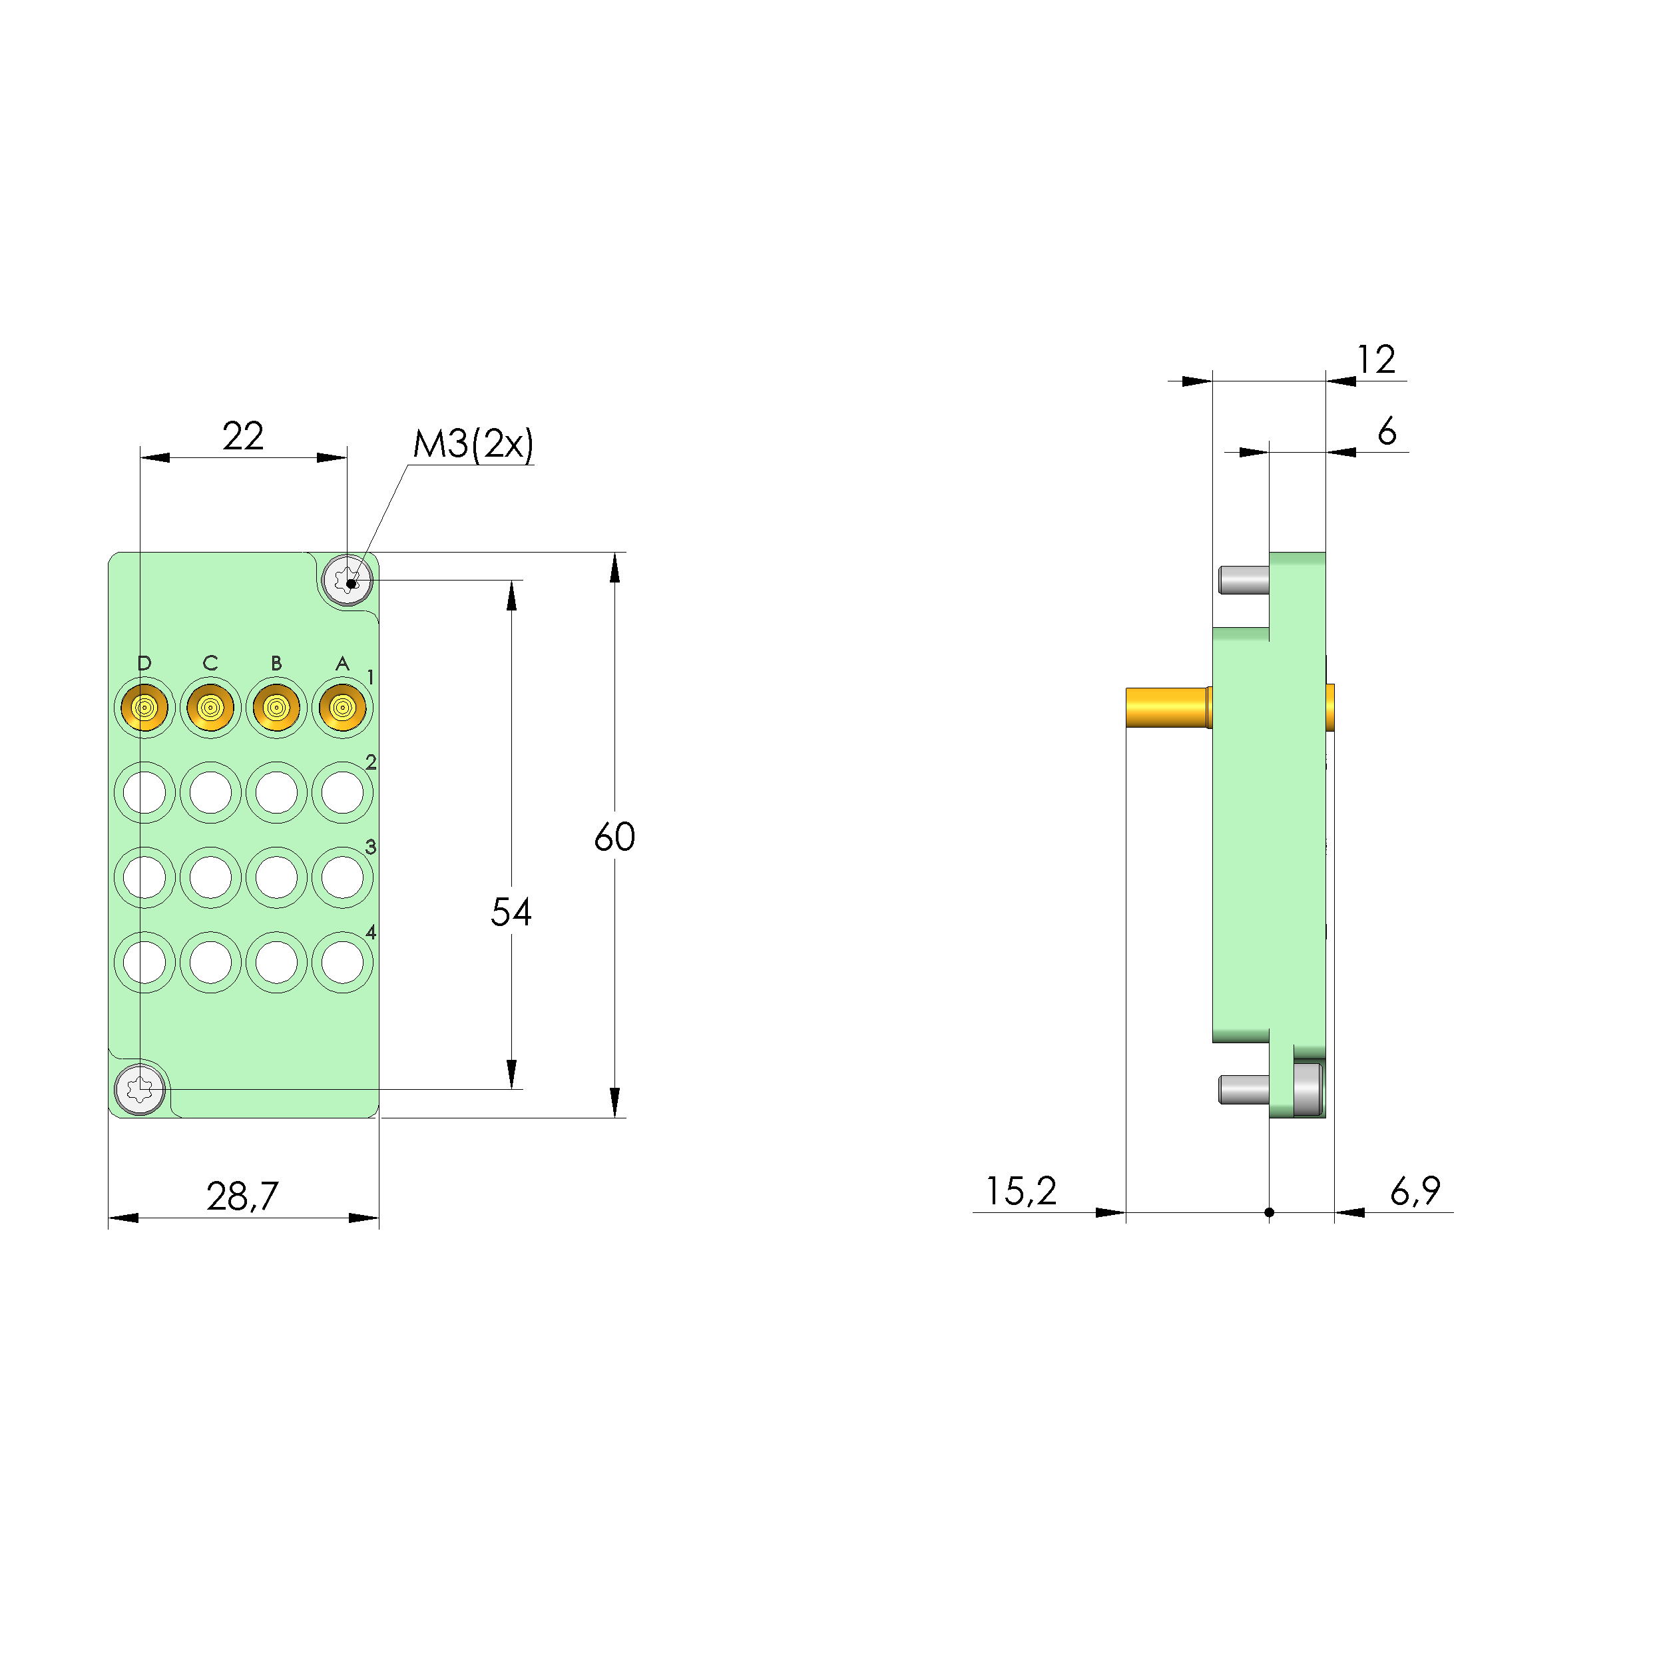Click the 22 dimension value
tap(242, 437)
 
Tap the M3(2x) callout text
tap(473, 444)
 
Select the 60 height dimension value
tap(614, 837)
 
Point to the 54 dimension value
tap(511, 912)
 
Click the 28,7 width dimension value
tap(242, 1196)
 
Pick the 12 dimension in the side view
tap(1375, 359)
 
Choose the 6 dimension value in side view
tap(1387, 431)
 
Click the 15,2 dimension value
tap(1021, 1192)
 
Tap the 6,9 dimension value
tap(1415, 1192)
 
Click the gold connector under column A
tap(343, 708)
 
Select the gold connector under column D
tap(144, 708)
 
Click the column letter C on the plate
tap(210, 662)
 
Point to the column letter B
tap(276, 662)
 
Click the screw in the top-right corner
tap(347, 580)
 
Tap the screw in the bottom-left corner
tap(140, 1090)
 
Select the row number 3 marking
tap(371, 846)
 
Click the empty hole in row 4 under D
tap(144, 963)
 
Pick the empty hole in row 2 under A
tap(343, 792)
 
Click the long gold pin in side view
tap(1166, 708)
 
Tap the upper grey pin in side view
tap(1244, 580)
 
